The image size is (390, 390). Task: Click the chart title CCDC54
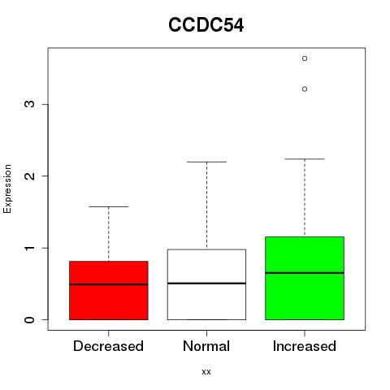tap(206, 25)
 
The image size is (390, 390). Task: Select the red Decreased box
tap(109, 290)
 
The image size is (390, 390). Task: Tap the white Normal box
tap(206, 284)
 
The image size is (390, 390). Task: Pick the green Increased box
tap(305, 278)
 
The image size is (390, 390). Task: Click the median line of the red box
tap(109, 284)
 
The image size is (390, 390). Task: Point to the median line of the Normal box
tap(206, 284)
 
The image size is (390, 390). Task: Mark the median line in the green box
tap(305, 273)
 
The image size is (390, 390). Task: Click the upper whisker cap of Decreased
tap(109, 206)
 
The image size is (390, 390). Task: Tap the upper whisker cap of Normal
tap(206, 162)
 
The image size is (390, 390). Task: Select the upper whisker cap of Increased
tap(305, 159)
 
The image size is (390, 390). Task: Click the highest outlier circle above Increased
tap(305, 58)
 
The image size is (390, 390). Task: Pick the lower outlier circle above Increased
tap(305, 89)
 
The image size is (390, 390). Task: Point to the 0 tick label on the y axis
tap(29, 320)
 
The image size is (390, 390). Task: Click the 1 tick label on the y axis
tap(29, 248)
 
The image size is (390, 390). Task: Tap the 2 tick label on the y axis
tap(29, 176)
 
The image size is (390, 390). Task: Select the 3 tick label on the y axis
tap(29, 104)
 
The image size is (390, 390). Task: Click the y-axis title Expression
tap(7, 188)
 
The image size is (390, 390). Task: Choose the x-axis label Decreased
tap(108, 346)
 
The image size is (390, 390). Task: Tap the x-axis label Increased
tap(305, 346)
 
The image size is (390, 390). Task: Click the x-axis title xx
tap(206, 372)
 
